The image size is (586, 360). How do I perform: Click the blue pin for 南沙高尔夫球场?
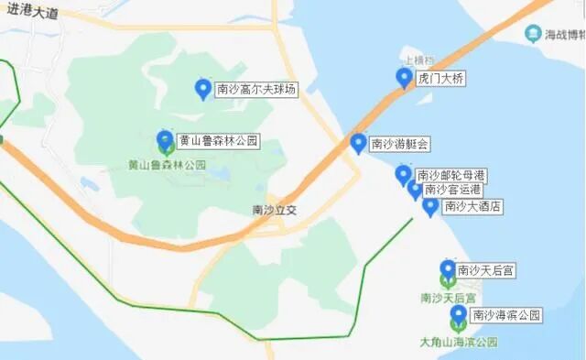203,88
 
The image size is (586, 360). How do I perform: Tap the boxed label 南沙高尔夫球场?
257,90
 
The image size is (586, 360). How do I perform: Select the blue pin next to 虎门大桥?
404,77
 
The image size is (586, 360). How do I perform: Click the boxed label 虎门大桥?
441,79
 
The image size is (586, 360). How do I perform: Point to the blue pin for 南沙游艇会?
359,143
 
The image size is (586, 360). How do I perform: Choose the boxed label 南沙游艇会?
400,144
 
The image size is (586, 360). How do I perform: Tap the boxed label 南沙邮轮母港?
450,175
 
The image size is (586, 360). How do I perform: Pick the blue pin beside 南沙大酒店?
430,206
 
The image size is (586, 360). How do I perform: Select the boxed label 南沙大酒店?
472,206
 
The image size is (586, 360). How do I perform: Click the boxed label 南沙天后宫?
486,270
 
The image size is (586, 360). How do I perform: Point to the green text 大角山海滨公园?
459,342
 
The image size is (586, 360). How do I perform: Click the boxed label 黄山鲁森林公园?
219,141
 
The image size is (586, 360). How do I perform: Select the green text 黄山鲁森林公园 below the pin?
167,166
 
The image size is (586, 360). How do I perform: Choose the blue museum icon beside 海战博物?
533,35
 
